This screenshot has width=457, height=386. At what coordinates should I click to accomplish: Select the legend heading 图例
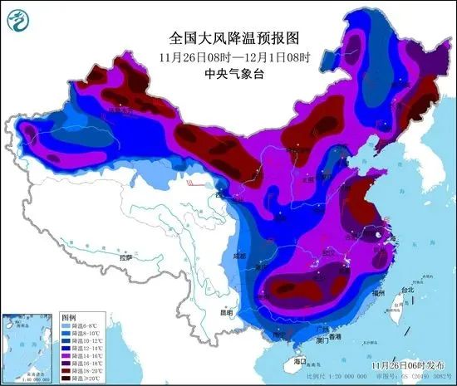point(69,318)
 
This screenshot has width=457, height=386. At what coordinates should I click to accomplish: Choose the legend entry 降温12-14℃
point(81,349)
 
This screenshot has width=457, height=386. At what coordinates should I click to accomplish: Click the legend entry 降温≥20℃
point(81,379)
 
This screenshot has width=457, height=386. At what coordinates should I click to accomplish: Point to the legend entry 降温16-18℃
point(81,364)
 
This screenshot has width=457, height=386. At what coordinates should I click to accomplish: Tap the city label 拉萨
point(125,259)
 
